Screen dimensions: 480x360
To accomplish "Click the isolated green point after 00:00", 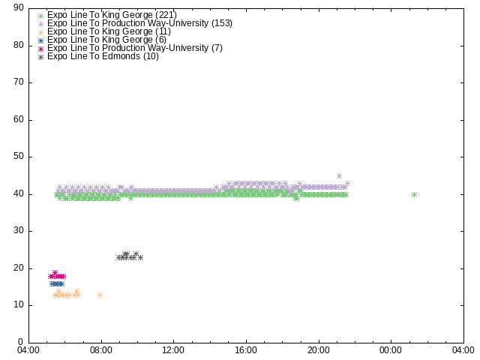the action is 414,194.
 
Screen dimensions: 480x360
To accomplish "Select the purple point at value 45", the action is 339,175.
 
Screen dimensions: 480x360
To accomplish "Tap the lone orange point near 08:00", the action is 100,295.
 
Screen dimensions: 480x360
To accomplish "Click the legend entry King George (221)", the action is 112,15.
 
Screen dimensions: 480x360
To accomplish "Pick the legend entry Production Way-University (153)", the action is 140,23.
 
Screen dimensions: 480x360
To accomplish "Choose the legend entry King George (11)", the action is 109,31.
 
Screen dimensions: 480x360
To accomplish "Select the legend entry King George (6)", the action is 106,40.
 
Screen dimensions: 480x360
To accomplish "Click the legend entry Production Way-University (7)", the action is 135,48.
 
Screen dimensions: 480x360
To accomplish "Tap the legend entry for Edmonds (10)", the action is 103,56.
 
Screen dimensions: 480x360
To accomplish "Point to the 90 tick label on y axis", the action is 19,7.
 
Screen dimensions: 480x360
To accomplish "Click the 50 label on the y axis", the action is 19,156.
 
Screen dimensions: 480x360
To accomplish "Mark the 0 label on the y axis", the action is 21,342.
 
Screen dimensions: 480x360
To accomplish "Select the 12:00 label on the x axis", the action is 173,350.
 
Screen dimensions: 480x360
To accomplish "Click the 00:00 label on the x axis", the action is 391,350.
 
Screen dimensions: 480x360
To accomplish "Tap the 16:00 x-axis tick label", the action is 246,350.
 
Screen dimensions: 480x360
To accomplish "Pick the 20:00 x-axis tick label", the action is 318,350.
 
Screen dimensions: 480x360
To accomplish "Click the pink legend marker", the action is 40,49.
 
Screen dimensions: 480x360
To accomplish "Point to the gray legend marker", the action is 40,57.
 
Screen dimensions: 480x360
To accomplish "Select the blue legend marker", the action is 40,40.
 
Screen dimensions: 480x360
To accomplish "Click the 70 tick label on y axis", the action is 19,82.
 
